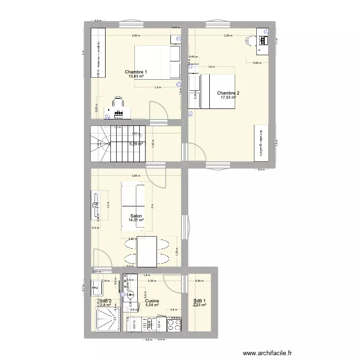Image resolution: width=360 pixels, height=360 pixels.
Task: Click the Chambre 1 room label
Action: tap(135, 72)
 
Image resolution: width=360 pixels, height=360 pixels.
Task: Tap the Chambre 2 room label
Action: tap(228, 93)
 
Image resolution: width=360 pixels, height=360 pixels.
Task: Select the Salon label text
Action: tap(135, 216)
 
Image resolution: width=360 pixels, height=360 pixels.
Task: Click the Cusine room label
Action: tap(152, 301)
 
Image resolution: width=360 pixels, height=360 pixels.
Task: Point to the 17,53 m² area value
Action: tap(228, 98)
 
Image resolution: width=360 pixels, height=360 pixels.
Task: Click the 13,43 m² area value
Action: tap(136, 76)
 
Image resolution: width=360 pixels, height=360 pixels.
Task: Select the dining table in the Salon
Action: tap(147, 251)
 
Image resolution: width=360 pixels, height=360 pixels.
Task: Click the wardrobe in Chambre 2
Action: tap(260, 143)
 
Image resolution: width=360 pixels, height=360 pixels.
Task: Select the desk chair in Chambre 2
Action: tap(250, 41)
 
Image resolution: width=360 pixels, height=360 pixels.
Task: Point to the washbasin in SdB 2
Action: tap(97, 288)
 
